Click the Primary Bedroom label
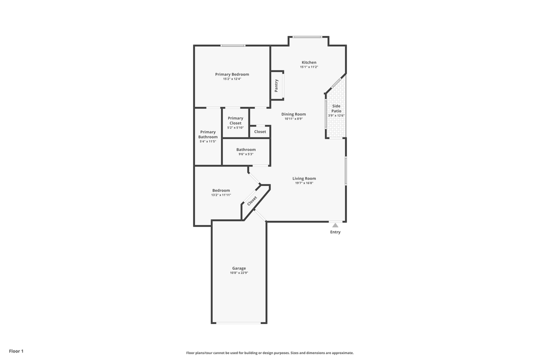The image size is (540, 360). pyautogui.click(x=232, y=74)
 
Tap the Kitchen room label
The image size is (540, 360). pyautogui.click(x=308, y=62)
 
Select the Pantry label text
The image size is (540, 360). pyautogui.click(x=276, y=85)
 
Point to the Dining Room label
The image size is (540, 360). pyautogui.click(x=293, y=114)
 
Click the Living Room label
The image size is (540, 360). pyautogui.click(x=304, y=178)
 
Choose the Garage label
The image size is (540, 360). pyautogui.click(x=239, y=268)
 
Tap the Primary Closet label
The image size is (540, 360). pyautogui.click(x=235, y=120)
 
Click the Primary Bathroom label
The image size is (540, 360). pyautogui.click(x=208, y=134)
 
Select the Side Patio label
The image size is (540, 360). pyautogui.click(x=336, y=108)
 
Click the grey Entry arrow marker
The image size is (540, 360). pyautogui.click(x=335, y=225)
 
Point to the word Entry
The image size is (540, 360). pyautogui.click(x=335, y=232)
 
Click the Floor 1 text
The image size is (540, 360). pyautogui.click(x=16, y=351)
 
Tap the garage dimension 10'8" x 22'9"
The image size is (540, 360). pyautogui.click(x=239, y=273)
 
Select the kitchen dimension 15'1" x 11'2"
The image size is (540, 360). pyautogui.click(x=309, y=67)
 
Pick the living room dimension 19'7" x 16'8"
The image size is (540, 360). pyautogui.click(x=304, y=183)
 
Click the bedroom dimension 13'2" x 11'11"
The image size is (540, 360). pyautogui.click(x=221, y=195)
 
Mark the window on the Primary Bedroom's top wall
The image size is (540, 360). pyautogui.click(x=233, y=45)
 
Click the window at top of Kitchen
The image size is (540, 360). pyautogui.click(x=307, y=36)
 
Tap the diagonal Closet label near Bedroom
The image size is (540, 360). pyautogui.click(x=252, y=201)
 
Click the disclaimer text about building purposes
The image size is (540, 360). pyautogui.click(x=270, y=352)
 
